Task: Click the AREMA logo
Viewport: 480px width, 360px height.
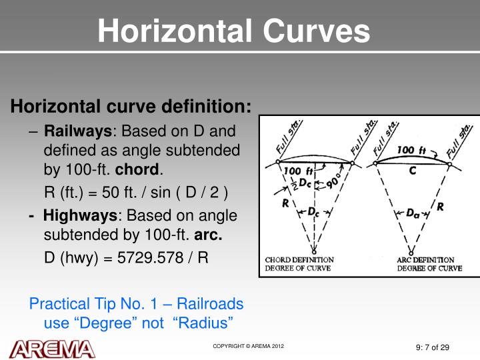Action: [x=51, y=348]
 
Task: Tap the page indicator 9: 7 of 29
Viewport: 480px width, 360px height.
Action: [x=432, y=347]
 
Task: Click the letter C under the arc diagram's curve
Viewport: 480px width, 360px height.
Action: [x=413, y=171]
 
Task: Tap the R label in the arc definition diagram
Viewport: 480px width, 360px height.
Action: [x=441, y=207]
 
